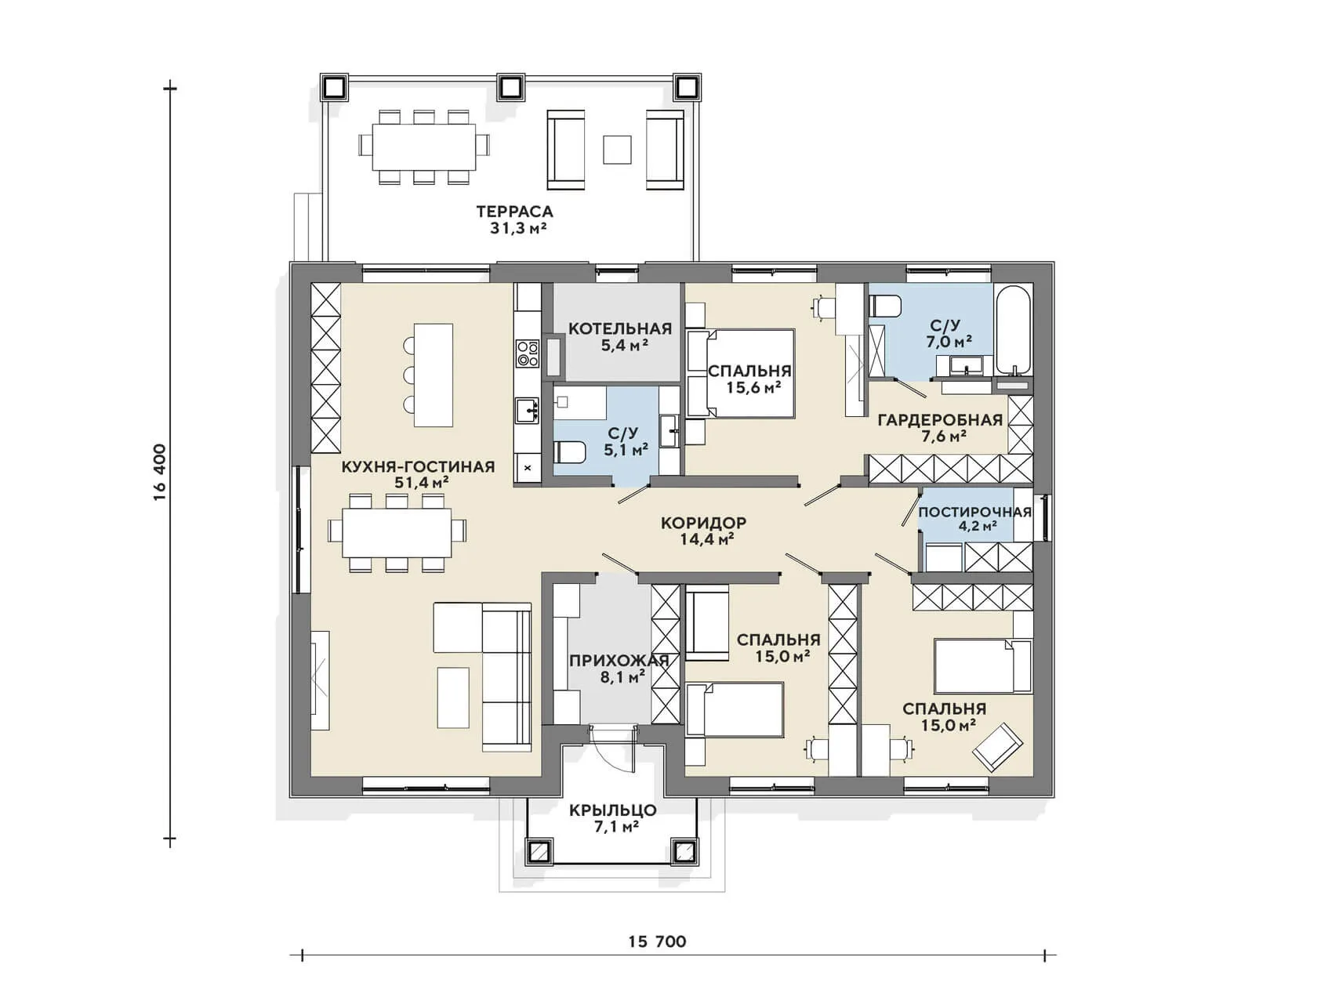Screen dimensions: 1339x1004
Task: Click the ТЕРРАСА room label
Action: (x=514, y=211)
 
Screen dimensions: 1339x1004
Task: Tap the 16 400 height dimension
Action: (x=160, y=472)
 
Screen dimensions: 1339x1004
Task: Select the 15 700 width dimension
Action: (x=657, y=941)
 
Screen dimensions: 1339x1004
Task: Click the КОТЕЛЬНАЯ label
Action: (x=620, y=328)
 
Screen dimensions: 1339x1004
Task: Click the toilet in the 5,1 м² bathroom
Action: (x=570, y=452)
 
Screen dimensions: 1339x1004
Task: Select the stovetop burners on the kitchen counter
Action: (x=528, y=353)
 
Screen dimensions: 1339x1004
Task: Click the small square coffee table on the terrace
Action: (x=617, y=150)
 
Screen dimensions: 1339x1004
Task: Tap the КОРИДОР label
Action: (x=703, y=523)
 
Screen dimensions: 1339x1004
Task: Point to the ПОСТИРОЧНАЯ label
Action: (x=974, y=512)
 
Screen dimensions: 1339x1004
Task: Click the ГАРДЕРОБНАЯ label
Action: (x=940, y=420)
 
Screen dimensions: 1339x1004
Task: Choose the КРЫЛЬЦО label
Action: (x=613, y=810)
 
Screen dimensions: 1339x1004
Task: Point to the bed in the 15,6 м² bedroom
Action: (x=741, y=373)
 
